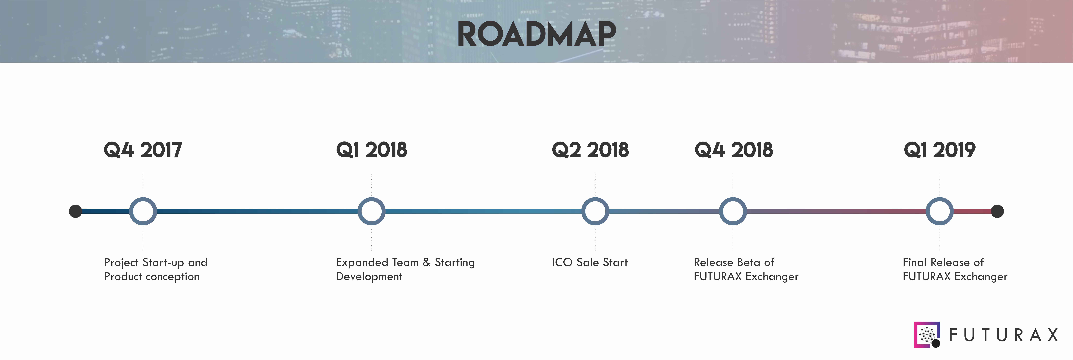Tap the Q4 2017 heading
(x=143, y=150)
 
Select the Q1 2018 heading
(x=372, y=150)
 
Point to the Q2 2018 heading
(x=590, y=150)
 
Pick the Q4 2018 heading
(x=733, y=150)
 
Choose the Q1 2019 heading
(x=940, y=150)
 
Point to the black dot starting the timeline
(x=75, y=211)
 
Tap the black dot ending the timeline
(x=997, y=211)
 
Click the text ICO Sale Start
(x=590, y=263)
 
